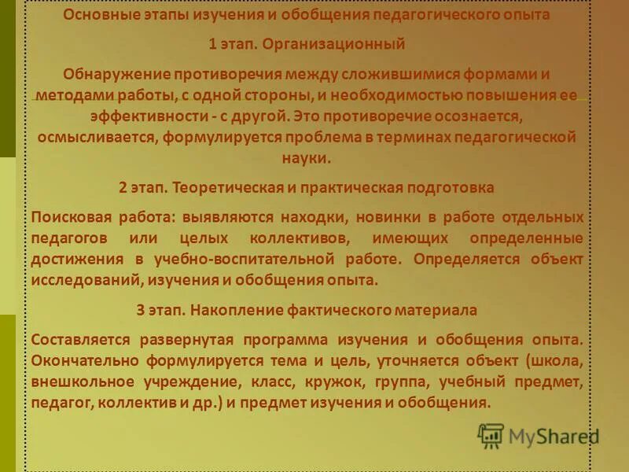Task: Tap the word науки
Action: point(307,157)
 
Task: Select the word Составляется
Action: point(86,340)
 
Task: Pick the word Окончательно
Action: point(83,361)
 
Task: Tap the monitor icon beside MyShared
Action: point(491,435)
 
